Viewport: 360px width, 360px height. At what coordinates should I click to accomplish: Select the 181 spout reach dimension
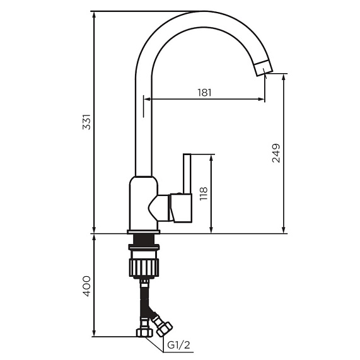pos(204,92)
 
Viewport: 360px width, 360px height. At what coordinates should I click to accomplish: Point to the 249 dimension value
pos(276,153)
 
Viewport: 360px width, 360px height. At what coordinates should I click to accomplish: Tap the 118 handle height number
pos(203,193)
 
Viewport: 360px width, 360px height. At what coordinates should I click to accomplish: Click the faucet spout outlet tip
pos(264,67)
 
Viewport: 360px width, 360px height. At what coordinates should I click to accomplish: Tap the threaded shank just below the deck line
pos(144,240)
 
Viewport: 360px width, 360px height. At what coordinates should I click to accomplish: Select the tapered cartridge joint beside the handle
pos(161,207)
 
